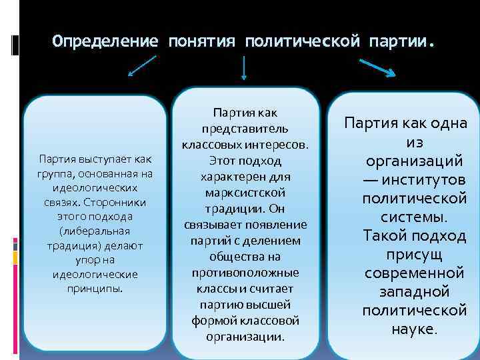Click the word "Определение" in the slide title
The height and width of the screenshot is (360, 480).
105,41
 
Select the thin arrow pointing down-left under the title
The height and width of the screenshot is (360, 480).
141,67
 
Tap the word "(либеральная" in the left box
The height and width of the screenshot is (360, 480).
95,231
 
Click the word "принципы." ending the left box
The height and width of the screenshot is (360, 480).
95,289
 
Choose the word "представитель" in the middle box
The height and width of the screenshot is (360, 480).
245,129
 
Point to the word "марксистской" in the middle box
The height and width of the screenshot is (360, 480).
245,193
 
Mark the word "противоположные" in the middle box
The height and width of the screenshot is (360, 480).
245,273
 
